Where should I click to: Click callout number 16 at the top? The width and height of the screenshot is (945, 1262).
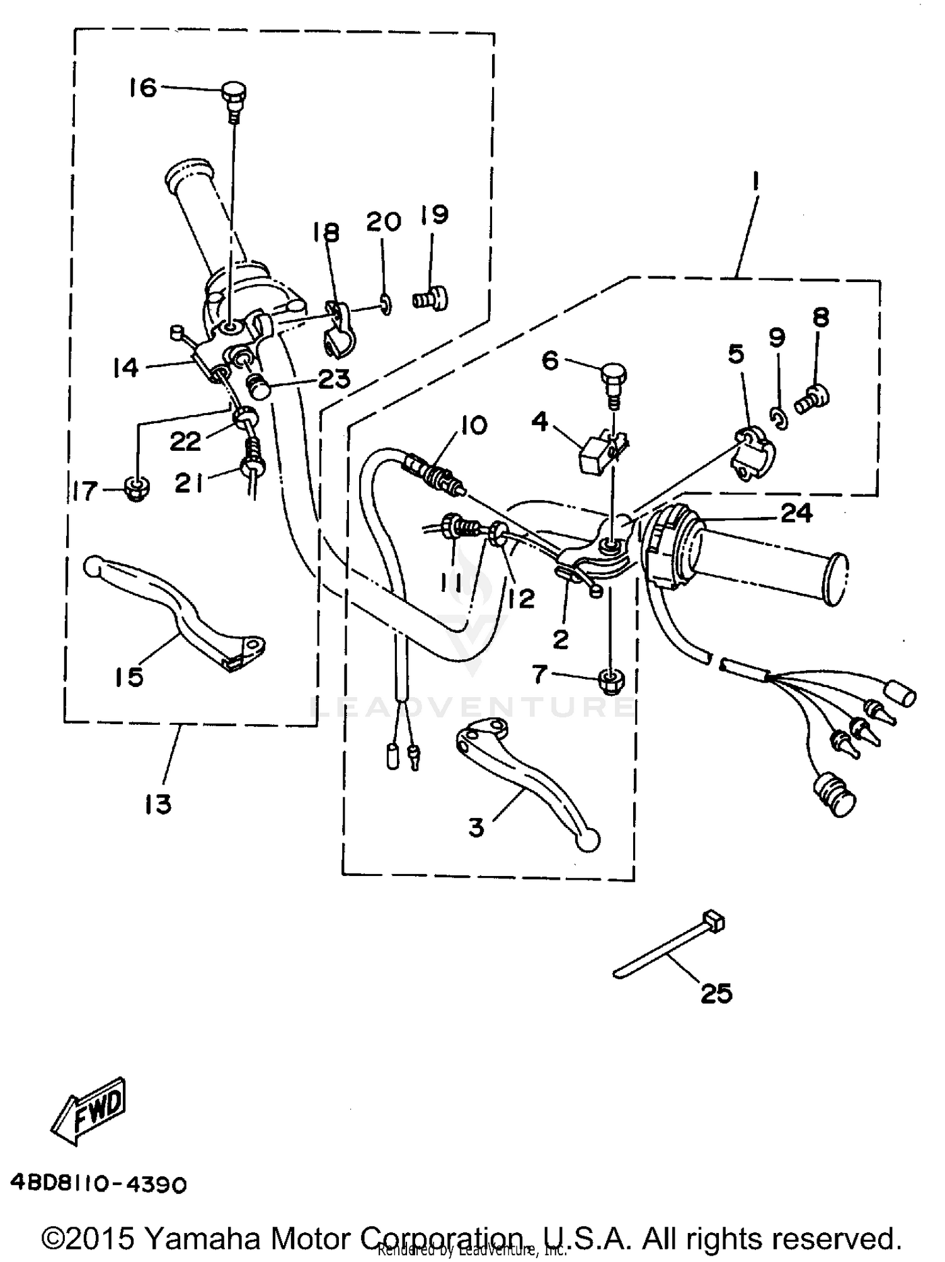point(143,88)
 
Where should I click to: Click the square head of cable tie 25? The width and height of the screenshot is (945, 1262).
point(713,923)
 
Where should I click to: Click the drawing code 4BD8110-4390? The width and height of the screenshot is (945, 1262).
point(99,1185)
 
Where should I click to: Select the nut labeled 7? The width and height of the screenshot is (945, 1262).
point(610,680)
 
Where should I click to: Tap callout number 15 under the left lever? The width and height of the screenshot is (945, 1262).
point(129,677)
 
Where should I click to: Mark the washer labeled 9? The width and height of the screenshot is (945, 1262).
point(779,418)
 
